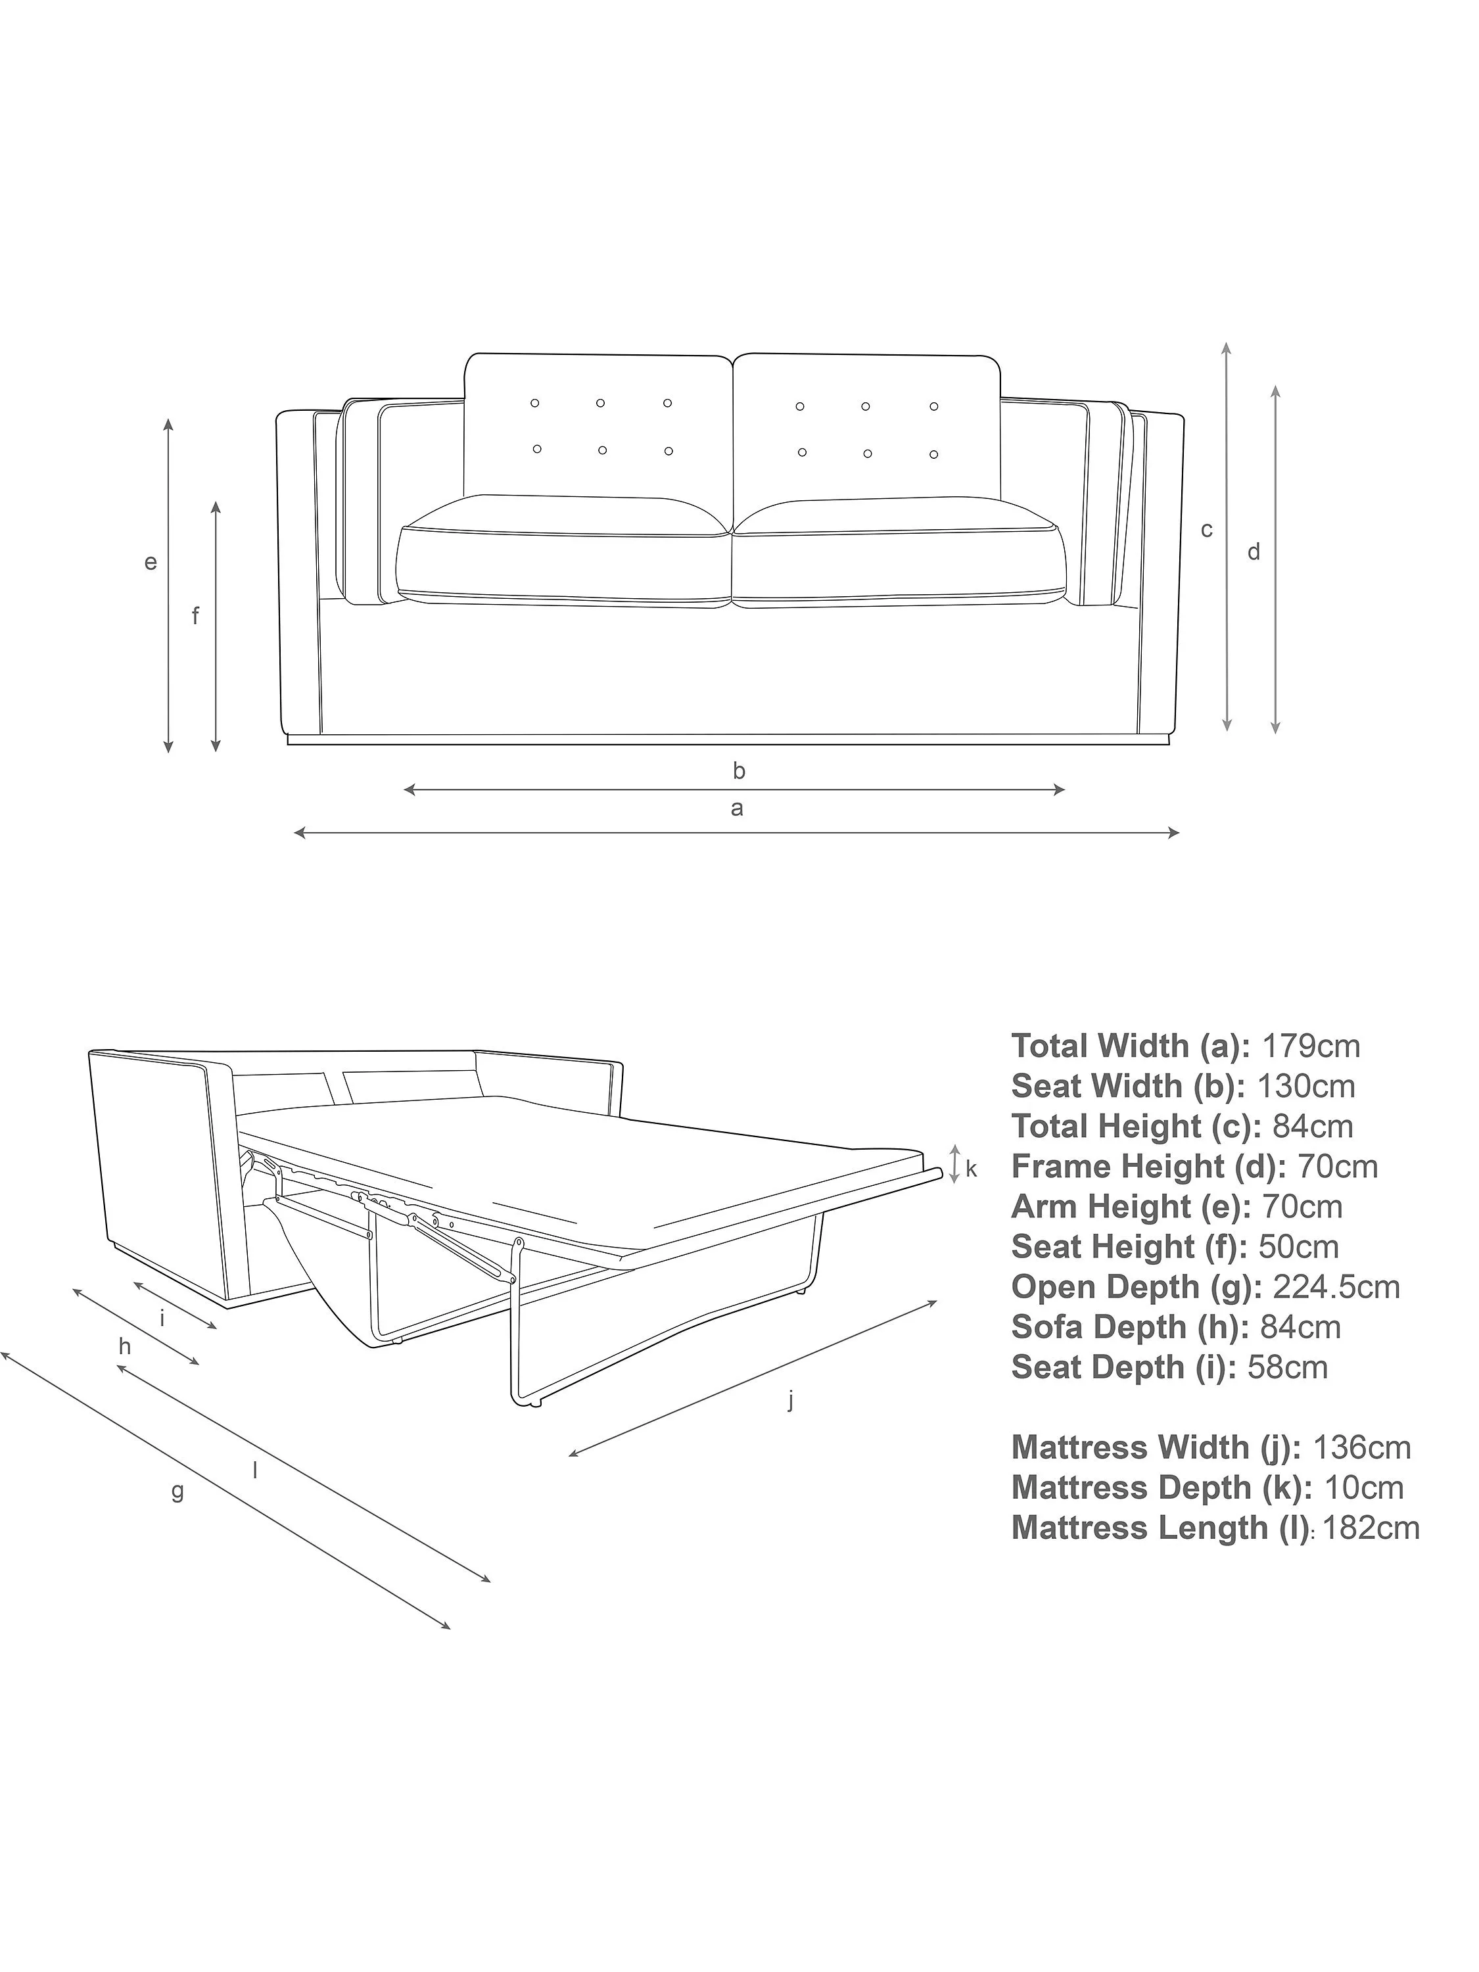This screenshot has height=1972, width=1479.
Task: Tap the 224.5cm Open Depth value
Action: point(1336,1286)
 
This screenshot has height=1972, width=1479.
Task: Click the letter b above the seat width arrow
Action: point(738,770)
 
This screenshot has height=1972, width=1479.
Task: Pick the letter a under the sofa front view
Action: point(736,809)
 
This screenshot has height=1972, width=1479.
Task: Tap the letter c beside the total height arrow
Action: point(1206,530)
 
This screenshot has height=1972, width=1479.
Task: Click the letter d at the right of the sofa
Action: point(1254,552)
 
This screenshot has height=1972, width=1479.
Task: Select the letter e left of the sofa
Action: point(151,563)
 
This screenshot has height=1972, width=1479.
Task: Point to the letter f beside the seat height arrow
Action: point(195,615)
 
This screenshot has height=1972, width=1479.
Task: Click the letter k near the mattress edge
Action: point(971,1169)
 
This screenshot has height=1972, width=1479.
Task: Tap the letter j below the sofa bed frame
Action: point(791,1401)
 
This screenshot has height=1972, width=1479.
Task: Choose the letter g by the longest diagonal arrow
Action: point(177,1491)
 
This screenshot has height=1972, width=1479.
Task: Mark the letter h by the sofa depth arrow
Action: point(125,1347)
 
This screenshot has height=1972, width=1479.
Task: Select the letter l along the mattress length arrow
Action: point(255,1470)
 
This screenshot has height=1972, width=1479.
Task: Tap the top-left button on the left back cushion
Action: point(535,403)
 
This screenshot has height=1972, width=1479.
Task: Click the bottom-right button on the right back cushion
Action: point(933,455)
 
